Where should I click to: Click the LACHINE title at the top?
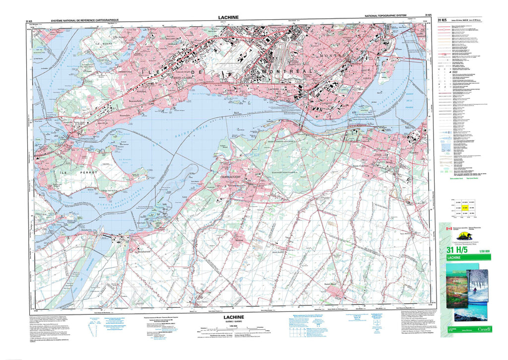coord(228,17)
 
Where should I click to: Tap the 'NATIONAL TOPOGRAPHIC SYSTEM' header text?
coord(388,17)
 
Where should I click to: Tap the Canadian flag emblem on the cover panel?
coord(449,228)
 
